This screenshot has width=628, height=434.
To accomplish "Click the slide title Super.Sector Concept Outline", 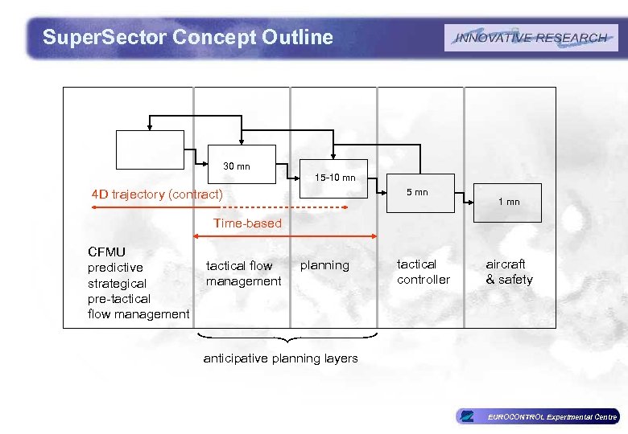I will (187, 37).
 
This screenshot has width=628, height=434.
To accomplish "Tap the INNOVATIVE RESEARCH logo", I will (531, 38).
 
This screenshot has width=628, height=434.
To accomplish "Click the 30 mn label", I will (237, 166).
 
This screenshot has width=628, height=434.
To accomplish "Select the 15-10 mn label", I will (335, 178).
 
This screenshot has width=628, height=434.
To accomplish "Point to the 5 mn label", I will (417, 192).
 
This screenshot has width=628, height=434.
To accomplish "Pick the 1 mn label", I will (508, 202).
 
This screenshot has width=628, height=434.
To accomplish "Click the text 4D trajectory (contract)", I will (157, 194).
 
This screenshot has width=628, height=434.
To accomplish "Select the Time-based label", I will (247, 223).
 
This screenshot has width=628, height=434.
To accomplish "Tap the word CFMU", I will (106, 252).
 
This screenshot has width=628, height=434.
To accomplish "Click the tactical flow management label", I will (243, 273).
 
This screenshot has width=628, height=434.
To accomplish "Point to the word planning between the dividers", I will (324, 265).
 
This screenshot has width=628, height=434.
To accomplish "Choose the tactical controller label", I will (423, 272).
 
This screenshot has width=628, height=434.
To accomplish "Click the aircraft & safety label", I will (508, 272).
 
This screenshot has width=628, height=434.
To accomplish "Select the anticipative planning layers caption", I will (280, 358).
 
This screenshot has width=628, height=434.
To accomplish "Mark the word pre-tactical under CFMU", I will (118, 298).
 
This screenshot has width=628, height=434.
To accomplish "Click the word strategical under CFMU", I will (117, 283).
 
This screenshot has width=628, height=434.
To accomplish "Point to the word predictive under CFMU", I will (115, 268).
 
